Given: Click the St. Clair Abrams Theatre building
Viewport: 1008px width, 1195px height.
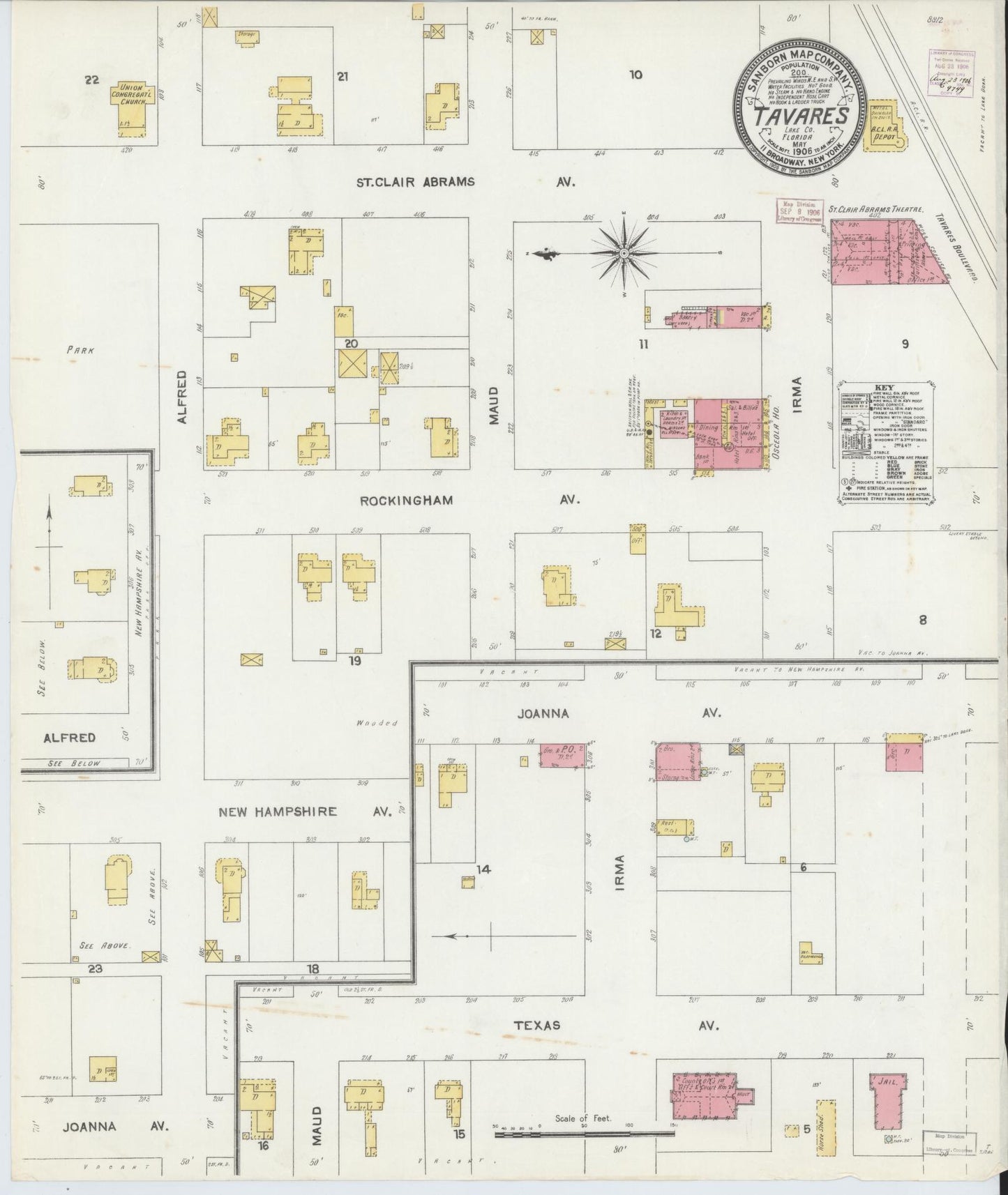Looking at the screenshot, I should coord(886,252).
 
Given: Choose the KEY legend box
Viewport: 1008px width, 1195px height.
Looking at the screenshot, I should coord(885,441).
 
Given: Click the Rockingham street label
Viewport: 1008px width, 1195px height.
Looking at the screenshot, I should coord(407,500).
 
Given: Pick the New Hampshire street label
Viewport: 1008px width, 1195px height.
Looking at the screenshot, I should coord(278,812).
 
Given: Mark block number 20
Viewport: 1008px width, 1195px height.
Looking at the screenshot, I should coord(351,343).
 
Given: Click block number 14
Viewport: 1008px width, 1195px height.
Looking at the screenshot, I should coord(483,869).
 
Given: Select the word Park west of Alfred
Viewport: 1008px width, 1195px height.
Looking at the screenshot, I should coord(80,351).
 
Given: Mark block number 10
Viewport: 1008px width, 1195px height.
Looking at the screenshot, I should coord(635,75).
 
